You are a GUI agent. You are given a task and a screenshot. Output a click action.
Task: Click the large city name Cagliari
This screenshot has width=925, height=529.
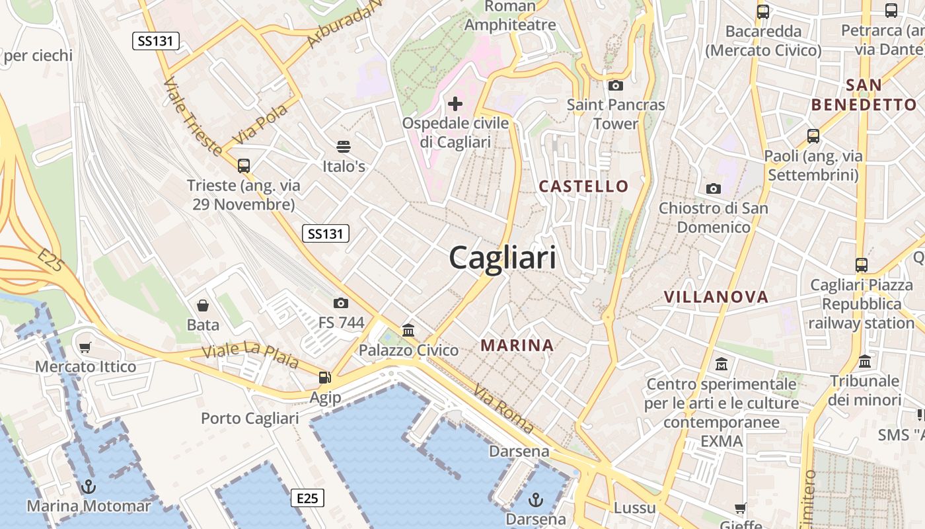coord(502,257)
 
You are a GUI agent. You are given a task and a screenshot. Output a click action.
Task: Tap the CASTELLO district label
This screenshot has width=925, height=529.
coord(583,186)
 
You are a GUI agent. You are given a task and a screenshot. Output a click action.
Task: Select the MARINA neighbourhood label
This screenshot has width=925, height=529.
coord(517,345)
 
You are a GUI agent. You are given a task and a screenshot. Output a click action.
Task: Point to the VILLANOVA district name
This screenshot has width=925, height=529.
coord(716,297)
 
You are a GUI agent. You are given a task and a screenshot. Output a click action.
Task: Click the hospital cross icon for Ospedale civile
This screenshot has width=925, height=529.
coord(455,104)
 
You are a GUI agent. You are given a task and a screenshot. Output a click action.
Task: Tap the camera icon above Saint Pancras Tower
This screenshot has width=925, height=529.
coord(615,85)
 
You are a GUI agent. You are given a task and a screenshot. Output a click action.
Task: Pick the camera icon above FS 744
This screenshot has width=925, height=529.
coord(341,303)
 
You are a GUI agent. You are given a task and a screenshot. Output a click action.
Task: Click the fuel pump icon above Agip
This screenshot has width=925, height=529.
coord(324,378)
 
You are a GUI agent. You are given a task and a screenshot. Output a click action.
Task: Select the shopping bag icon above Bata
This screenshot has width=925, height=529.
coord(203,305)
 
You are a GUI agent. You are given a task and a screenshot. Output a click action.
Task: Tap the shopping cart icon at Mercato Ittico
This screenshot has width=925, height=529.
coord(85,347)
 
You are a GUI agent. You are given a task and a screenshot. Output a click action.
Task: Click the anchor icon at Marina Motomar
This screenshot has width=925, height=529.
coord(88,487)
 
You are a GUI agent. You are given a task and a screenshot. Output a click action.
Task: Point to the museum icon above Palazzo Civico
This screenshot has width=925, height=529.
coord(408,330)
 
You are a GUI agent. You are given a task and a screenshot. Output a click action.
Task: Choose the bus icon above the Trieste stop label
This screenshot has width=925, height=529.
coord(244,165)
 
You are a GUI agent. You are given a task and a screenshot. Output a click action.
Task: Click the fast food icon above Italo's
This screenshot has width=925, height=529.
coord(344,146)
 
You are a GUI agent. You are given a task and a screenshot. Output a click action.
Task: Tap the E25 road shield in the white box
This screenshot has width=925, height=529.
coord(307,498)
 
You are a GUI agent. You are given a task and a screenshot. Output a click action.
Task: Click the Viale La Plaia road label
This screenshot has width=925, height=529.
coord(250,355)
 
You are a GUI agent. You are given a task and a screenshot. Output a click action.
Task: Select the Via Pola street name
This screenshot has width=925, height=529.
coord(262,123)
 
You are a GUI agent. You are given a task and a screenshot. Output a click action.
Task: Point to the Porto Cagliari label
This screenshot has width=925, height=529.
coord(250,419)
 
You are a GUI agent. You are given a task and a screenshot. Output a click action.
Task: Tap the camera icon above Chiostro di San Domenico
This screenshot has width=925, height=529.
coord(713,189)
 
